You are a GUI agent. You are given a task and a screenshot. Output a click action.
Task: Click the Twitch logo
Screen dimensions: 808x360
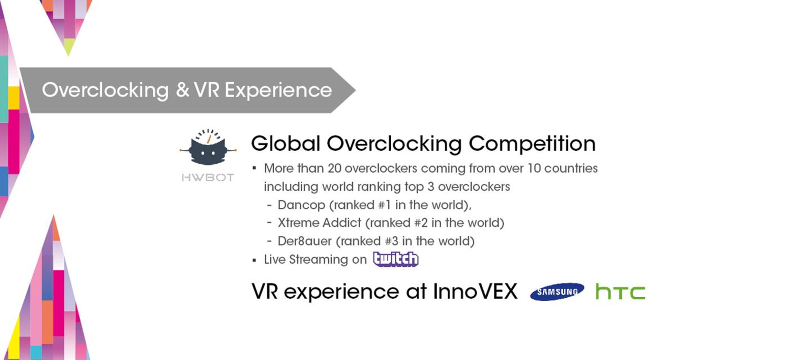click(396, 259)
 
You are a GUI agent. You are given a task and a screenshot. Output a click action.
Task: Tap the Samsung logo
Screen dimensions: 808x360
click(557, 292)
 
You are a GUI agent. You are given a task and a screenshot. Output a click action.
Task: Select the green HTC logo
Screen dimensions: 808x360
click(620, 292)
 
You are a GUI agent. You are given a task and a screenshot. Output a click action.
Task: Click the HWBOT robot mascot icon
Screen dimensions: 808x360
click(208, 147)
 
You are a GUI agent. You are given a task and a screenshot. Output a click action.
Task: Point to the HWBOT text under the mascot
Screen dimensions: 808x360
click(208, 177)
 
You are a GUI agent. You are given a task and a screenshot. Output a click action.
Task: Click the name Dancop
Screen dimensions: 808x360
click(301, 205)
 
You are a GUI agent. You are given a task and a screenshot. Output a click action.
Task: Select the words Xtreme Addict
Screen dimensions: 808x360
click(319, 223)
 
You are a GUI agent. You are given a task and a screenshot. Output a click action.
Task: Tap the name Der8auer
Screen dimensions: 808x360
click(305, 241)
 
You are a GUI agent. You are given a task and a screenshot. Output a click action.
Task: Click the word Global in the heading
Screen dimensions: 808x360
click(286, 143)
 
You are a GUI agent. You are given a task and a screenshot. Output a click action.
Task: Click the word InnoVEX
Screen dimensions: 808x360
click(475, 292)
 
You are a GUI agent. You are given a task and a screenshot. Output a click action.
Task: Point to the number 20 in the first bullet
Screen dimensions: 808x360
click(335, 168)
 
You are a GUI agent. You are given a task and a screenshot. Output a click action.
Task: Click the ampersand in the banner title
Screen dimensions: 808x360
click(183, 90)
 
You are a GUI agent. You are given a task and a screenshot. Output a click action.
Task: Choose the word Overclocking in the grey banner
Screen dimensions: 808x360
click(106, 90)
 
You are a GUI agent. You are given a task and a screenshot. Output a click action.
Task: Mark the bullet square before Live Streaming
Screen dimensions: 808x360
click(254, 260)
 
